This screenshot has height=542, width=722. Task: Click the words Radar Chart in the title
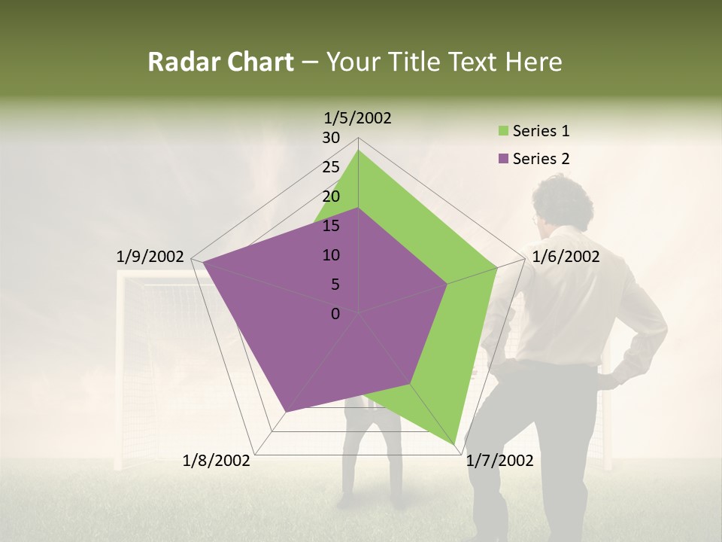220,62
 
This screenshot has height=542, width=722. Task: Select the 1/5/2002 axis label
358,117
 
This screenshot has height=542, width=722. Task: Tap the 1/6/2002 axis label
566,257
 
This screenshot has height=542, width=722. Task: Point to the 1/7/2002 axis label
499,461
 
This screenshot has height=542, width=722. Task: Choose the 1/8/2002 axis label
217,461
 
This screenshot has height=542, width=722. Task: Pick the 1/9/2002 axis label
150,257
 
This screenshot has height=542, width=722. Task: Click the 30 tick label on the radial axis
331,138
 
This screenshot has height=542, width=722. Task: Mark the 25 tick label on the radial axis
331,167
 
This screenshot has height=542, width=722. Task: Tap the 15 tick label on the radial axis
331,226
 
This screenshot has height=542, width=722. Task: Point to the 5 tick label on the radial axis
335,285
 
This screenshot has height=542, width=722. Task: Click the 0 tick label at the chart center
335,314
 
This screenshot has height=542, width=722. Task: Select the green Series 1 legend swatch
503,132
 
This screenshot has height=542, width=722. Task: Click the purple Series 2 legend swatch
503,159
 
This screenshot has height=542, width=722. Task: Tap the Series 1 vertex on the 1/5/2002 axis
359,150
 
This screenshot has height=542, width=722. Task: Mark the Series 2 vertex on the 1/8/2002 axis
286,412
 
